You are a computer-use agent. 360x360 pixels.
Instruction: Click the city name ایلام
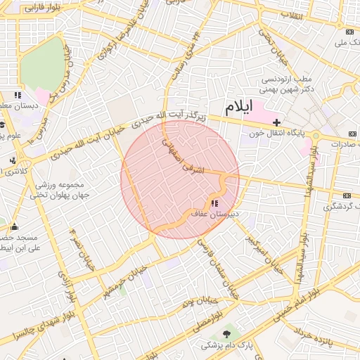click(x=238, y=108)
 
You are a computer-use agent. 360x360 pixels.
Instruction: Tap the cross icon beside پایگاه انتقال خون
click(x=276, y=122)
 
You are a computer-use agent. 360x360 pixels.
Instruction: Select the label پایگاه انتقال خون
click(x=274, y=134)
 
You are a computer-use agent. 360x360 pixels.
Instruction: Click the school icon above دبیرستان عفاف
click(x=214, y=203)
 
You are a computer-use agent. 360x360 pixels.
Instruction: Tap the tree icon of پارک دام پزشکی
click(x=226, y=333)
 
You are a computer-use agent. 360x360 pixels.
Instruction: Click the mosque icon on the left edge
click(x=14, y=226)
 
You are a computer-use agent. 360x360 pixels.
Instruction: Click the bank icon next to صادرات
click(x=352, y=134)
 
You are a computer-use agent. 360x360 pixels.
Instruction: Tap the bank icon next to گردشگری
click(x=346, y=195)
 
